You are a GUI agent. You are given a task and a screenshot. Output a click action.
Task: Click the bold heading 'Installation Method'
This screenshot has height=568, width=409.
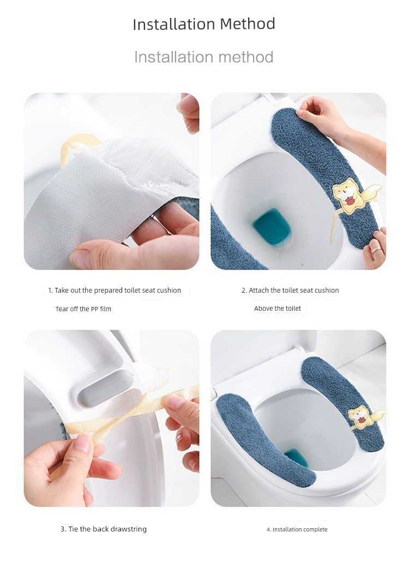pos(204,24)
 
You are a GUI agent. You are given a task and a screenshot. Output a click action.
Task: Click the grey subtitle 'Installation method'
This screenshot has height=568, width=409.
pos(203,57)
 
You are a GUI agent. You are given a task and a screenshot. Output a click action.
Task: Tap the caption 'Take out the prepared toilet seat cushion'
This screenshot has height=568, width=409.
pos(118,290)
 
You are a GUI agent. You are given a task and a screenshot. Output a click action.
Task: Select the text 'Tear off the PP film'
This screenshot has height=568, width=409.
pos(83,309)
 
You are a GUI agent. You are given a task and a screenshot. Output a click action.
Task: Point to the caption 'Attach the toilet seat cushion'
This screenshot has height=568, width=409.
pos(294,290)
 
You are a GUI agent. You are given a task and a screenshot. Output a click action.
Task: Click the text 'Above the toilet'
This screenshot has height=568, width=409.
pos(278,309)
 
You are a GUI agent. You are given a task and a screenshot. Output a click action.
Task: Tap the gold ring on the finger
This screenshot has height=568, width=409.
pos(376,250)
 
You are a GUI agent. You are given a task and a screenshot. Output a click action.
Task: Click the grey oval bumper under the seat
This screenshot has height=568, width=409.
pos(106,386)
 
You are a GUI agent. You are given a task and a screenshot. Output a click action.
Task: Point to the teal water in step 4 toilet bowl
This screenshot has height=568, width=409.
pos(296,457)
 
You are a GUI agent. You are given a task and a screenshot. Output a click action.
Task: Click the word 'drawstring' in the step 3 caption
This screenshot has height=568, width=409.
pos(129,529)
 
